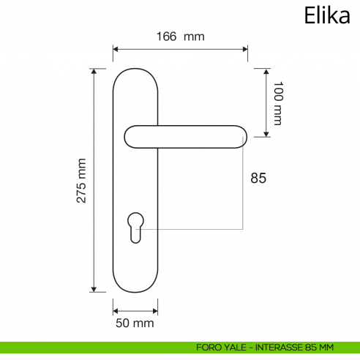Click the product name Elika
coord(326,16)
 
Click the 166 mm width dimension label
coord(180,36)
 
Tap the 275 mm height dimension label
coord(81,180)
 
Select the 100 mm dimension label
coord(277,103)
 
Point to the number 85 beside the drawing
coord(258,178)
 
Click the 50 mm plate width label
coord(135,323)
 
